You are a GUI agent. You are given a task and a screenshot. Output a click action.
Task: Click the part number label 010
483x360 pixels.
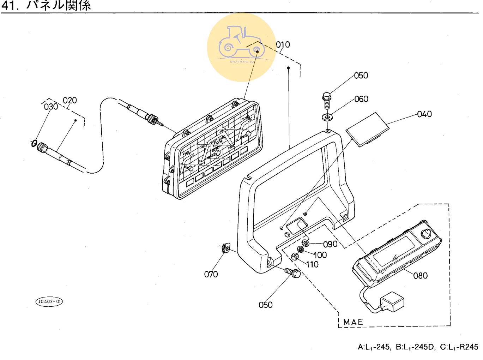[283, 45]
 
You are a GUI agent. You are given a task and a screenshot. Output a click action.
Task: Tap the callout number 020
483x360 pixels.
[70, 101]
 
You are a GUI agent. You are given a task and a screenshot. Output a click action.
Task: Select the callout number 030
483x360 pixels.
[51, 107]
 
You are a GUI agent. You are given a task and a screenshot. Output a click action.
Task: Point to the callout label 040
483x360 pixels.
[424, 114]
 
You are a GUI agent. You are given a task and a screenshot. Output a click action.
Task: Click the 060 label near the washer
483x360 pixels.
[361, 99]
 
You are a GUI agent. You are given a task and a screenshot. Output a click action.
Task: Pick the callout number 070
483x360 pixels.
[211, 274]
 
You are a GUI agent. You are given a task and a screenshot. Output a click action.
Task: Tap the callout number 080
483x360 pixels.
[420, 276]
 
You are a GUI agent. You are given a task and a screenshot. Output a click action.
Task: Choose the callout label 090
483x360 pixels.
[330, 244]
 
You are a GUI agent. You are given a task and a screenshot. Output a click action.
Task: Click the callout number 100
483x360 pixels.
[320, 255]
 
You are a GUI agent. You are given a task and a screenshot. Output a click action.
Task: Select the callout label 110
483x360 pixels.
[312, 264]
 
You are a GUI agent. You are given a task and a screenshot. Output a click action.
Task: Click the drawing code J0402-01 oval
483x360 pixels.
[49, 302]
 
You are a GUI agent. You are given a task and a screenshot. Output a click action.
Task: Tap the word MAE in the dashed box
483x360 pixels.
[353, 322]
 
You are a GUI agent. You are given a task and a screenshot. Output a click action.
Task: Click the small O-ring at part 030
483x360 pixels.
[34, 143]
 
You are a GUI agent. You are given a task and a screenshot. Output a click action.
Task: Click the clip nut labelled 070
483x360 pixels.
[225, 248]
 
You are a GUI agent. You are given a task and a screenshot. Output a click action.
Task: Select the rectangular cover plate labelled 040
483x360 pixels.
[367, 129]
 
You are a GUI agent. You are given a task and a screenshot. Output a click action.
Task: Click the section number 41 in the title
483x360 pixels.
[10, 5]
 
